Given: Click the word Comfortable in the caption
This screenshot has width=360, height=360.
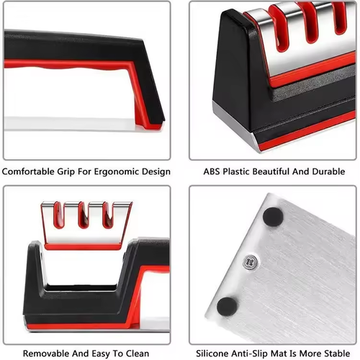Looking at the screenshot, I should tap(30, 171).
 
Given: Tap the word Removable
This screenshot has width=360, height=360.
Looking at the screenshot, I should tap(46, 354).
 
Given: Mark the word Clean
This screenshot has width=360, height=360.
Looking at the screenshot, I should tap(136, 354).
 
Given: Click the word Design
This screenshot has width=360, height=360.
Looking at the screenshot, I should tap(156, 171).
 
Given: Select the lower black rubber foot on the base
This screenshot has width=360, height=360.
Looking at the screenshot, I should tap(227, 305).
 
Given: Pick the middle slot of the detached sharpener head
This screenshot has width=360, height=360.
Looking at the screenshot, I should tap(86, 215).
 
